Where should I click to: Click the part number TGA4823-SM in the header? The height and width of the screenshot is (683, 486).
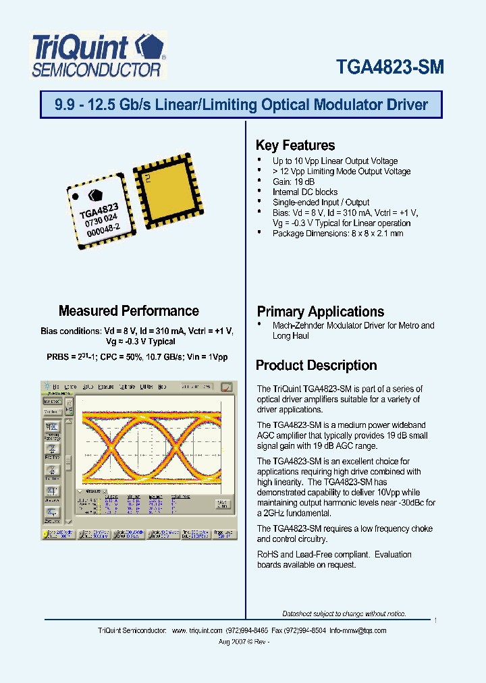(x=389, y=67)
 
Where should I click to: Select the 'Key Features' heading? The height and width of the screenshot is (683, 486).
(x=295, y=145)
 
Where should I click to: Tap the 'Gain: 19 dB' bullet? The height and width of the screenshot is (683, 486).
(x=293, y=182)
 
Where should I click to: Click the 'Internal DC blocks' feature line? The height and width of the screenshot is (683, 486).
(x=305, y=192)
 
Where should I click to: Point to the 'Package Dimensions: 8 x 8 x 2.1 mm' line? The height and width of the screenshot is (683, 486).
(x=337, y=234)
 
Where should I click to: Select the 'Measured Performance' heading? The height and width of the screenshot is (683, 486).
(x=128, y=311)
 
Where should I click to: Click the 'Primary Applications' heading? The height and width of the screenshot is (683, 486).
(x=320, y=312)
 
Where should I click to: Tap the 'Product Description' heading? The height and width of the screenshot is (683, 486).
(x=316, y=366)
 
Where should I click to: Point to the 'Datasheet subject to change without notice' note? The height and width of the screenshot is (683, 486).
(x=344, y=613)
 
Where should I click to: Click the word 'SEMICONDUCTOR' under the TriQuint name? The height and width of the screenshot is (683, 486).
(x=97, y=70)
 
